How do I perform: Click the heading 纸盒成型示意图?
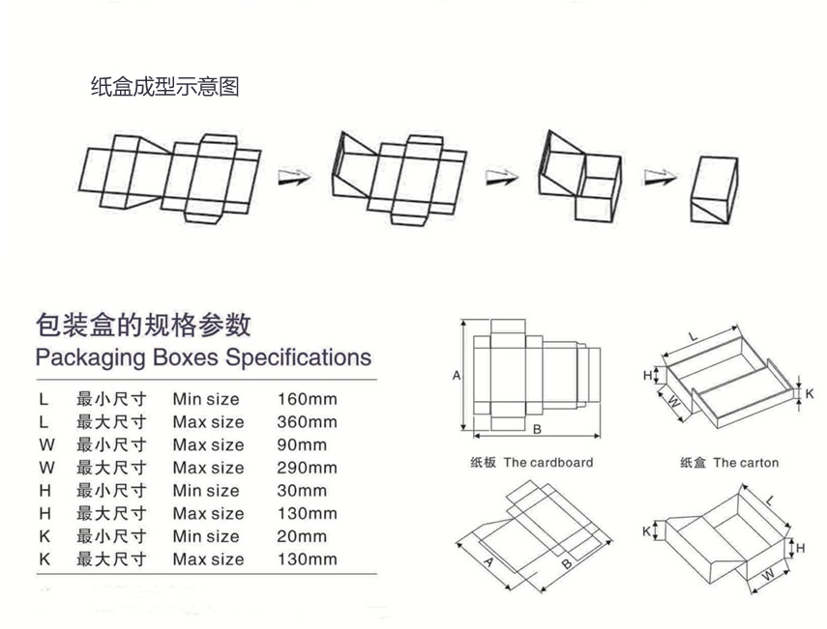(164, 87)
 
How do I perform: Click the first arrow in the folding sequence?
(294, 176)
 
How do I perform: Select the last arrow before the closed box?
(657, 176)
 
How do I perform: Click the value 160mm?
(307, 399)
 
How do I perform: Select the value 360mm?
(307, 422)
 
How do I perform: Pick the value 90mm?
(302, 445)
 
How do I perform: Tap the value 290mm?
(307, 468)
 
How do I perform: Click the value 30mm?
(302, 491)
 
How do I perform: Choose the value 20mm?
(302, 536)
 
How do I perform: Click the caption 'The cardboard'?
(547, 463)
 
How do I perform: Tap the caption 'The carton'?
(746, 463)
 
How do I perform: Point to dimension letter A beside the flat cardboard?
(457, 376)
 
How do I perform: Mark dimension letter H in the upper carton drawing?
(648, 374)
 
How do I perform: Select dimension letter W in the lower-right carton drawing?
(766, 575)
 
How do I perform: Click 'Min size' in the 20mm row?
(206, 536)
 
